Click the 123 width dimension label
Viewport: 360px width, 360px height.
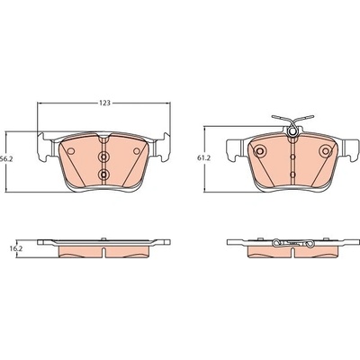tap(104, 103)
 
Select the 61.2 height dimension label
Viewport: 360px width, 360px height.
tap(203, 158)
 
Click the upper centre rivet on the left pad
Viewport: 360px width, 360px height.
tap(103, 157)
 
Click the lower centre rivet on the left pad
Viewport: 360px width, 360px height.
tap(103, 174)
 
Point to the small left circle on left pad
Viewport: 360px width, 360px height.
tap(71, 151)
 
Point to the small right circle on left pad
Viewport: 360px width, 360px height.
tap(137, 151)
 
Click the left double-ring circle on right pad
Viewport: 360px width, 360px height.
tap(260, 150)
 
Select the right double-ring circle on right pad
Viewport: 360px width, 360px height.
tap(326, 150)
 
